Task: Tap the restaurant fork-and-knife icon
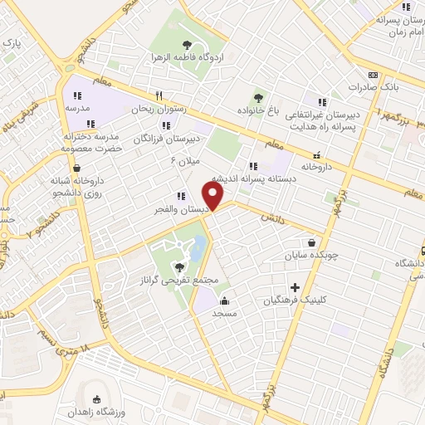(160, 95)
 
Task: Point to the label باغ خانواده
(257, 110)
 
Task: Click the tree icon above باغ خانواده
(257, 97)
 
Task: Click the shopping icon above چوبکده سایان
(311, 243)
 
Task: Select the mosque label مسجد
(224, 313)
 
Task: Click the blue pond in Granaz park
(198, 247)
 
